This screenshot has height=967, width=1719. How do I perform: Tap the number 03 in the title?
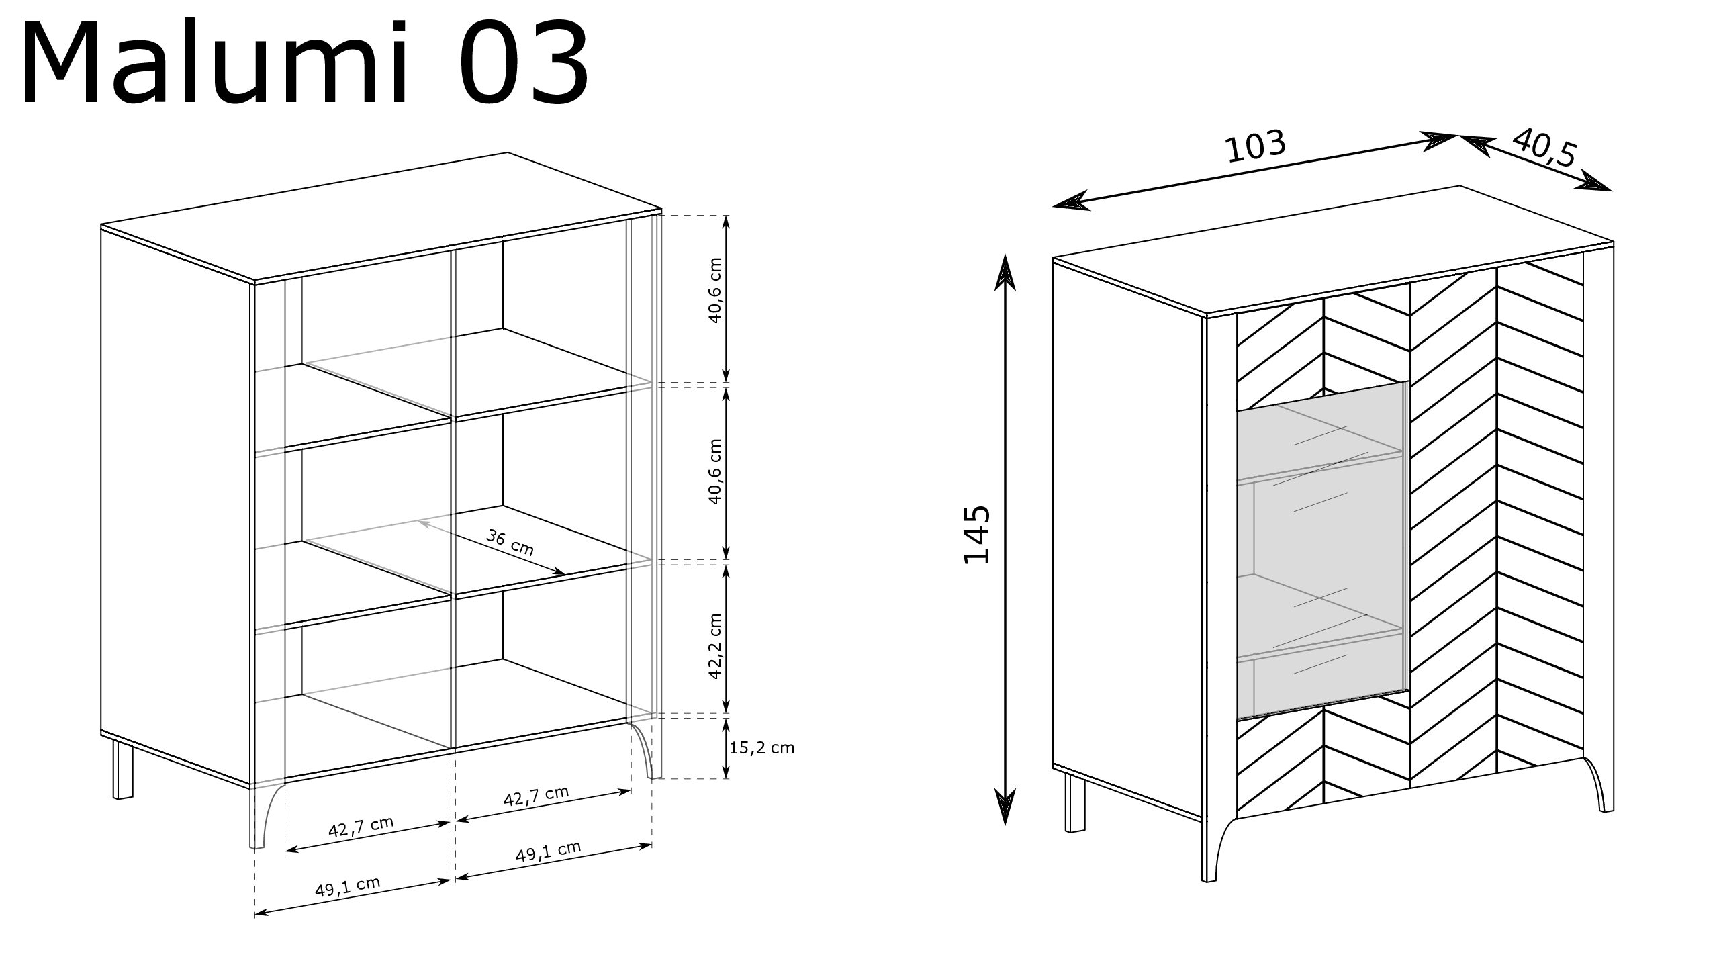click(x=524, y=65)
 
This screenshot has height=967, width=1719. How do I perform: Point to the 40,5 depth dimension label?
click(x=1544, y=166)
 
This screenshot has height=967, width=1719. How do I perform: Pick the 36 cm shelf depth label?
click(x=510, y=543)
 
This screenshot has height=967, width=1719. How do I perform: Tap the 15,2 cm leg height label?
click(x=761, y=747)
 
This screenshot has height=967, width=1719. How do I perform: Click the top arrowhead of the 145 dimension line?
click(x=1005, y=272)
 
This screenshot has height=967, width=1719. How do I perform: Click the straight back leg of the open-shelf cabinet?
click(x=123, y=768)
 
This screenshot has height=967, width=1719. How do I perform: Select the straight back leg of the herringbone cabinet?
click(x=1075, y=802)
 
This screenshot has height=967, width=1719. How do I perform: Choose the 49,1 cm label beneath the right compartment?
click(x=548, y=852)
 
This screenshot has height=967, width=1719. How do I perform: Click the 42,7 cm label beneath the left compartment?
click(x=361, y=827)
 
